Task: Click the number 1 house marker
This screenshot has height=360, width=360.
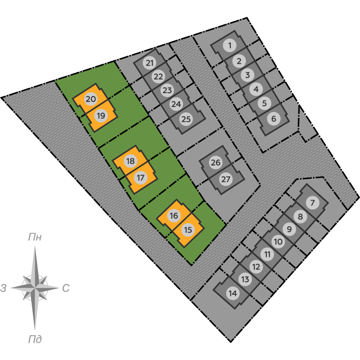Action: tap(230, 45)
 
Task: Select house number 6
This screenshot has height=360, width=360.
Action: tap(274, 119)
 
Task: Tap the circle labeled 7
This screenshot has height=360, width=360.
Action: tap(312, 203)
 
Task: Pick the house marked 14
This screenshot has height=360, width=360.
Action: tap(233, 293)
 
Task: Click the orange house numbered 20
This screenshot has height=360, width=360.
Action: tap(91, 99)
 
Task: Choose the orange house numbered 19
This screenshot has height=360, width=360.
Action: tap(101, 116)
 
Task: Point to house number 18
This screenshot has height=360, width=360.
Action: tap(130, 161)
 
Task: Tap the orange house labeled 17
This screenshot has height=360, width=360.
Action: tap(141, 178)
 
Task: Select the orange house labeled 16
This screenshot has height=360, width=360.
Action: tap(174, 216)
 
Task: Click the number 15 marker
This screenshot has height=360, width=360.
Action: tap(188, 230)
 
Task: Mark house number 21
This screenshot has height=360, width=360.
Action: tap(149, 63)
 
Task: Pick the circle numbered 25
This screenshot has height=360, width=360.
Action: tap(186, 119)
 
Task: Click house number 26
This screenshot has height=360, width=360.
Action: tap(216, 162)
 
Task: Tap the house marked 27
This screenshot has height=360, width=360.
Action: tap(226, 179)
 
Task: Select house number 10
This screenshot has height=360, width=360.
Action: tap(278, 242)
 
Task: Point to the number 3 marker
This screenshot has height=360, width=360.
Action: tap(247, 75)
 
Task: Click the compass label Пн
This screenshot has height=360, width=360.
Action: tap(35, 237)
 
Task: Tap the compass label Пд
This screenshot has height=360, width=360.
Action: tap(35, 339)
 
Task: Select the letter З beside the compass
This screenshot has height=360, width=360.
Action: tap(3, 288)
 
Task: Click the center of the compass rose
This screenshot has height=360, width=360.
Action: tap(35, 288)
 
